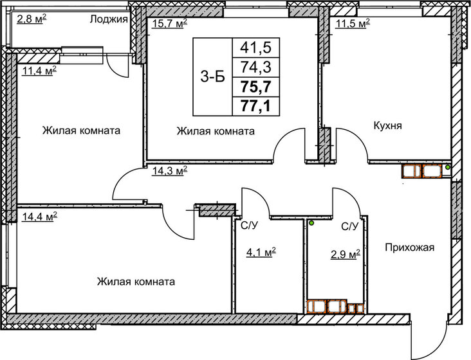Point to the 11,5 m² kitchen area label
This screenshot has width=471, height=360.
(353, 23)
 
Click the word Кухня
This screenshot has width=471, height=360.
(387, 126)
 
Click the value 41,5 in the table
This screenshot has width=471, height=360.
(255, 47)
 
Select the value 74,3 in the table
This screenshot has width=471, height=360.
(255, 66)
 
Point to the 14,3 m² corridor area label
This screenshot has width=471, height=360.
(169, 170)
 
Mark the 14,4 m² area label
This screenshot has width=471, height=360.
(39, 216)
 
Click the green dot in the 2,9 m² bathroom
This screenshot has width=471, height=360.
(311, 223)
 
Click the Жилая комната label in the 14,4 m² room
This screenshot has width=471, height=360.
(136, 282)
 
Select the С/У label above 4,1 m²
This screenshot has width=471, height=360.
(249, 226)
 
